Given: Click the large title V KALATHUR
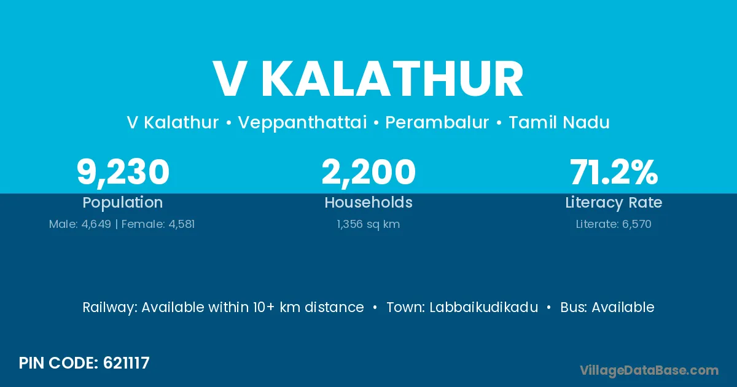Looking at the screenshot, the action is coord(368,79).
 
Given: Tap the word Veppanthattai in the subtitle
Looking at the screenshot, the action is coord(302,123).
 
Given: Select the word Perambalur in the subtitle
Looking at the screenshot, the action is coord(437,122).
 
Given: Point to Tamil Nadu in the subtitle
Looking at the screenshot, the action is coord(559,122).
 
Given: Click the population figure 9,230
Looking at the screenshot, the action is coord(123,173).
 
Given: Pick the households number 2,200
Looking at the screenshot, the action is coord(368,173).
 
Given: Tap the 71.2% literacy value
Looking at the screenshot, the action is coord(614,172).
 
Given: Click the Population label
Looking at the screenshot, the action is coord(123,203).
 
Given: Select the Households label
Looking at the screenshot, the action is coord(368,202).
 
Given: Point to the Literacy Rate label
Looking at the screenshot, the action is coord(614,203).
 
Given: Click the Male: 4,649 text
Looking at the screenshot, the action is coord(80,224).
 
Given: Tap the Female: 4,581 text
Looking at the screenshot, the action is coord(158,224).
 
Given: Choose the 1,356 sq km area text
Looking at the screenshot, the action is coord(368,224).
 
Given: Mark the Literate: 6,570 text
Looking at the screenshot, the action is coord(614,224).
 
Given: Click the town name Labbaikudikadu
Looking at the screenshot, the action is coord(484,307).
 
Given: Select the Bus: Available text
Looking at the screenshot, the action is coord(607,307).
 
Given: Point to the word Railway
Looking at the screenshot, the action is coord(110,308).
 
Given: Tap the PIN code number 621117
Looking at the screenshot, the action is coord(127,363).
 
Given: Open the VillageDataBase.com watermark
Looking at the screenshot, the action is coord(649,370).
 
